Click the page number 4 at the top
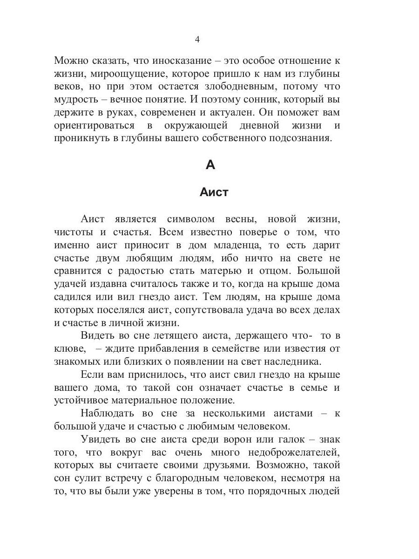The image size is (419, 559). [197, 40]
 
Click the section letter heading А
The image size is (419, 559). [210, 165]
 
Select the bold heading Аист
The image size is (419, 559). [214, 192]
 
